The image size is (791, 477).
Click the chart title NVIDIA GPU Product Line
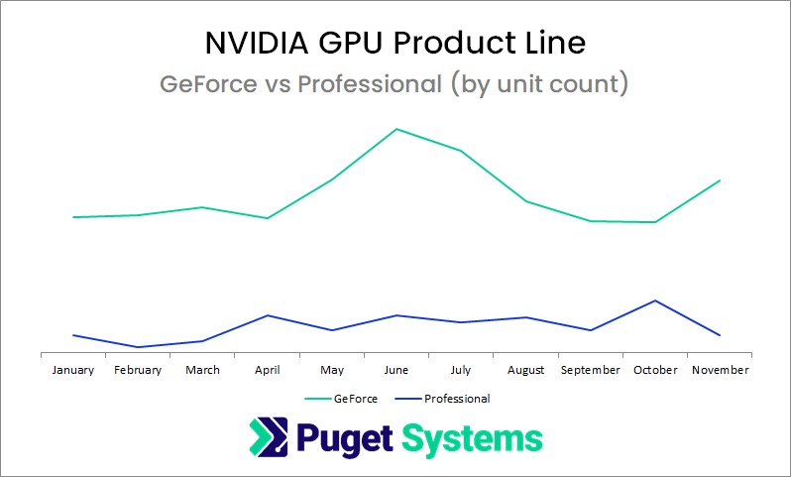coord(395,43)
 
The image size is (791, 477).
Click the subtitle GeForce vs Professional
coord(395,84)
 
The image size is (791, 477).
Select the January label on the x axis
coord(73,370)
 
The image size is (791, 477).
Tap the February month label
coord(138,370)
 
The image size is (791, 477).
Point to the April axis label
coord(268,370)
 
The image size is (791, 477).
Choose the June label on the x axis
coord(396,370)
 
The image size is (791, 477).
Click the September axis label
coord(590,370)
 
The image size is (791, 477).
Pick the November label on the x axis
coord(721,370)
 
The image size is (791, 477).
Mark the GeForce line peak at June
coord(396,129)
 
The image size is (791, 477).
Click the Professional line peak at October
coord(655,300)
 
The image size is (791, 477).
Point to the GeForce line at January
coord(73,217)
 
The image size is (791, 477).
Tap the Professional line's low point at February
coord(138,347)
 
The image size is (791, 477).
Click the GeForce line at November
coord(720,180)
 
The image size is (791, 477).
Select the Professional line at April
coord(268,315)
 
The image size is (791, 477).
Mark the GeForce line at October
coord(655,222)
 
